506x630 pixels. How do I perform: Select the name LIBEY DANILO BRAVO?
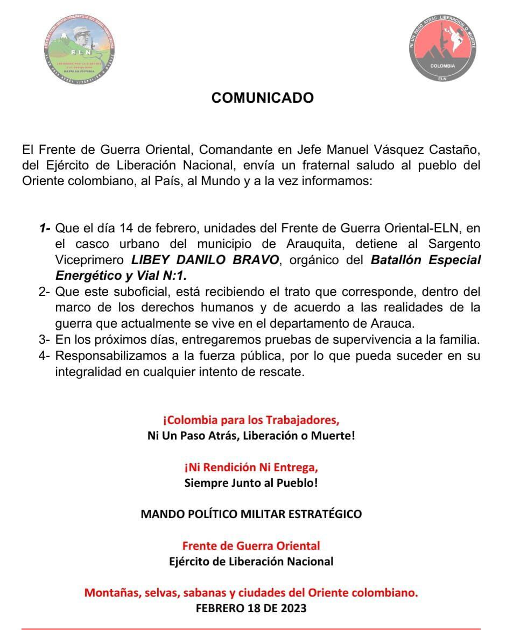[x=205, y=260]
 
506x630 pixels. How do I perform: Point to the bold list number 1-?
[x=45, y=228]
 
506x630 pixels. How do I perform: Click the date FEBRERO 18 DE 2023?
[x=251, y=608]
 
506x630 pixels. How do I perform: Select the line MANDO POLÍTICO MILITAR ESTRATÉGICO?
[x=251, y=514]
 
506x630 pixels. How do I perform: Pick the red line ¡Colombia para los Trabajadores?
[x=251, y=420]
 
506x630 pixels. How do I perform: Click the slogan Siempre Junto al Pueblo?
[x=251, y=483]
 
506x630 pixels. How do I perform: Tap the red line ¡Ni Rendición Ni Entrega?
[x=251, y=467]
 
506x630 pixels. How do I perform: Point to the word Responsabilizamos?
[x=109, y=356]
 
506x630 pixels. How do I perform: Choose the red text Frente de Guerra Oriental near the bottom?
[x=251, y=546]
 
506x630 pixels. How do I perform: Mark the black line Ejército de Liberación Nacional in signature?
[x=251, y=561]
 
